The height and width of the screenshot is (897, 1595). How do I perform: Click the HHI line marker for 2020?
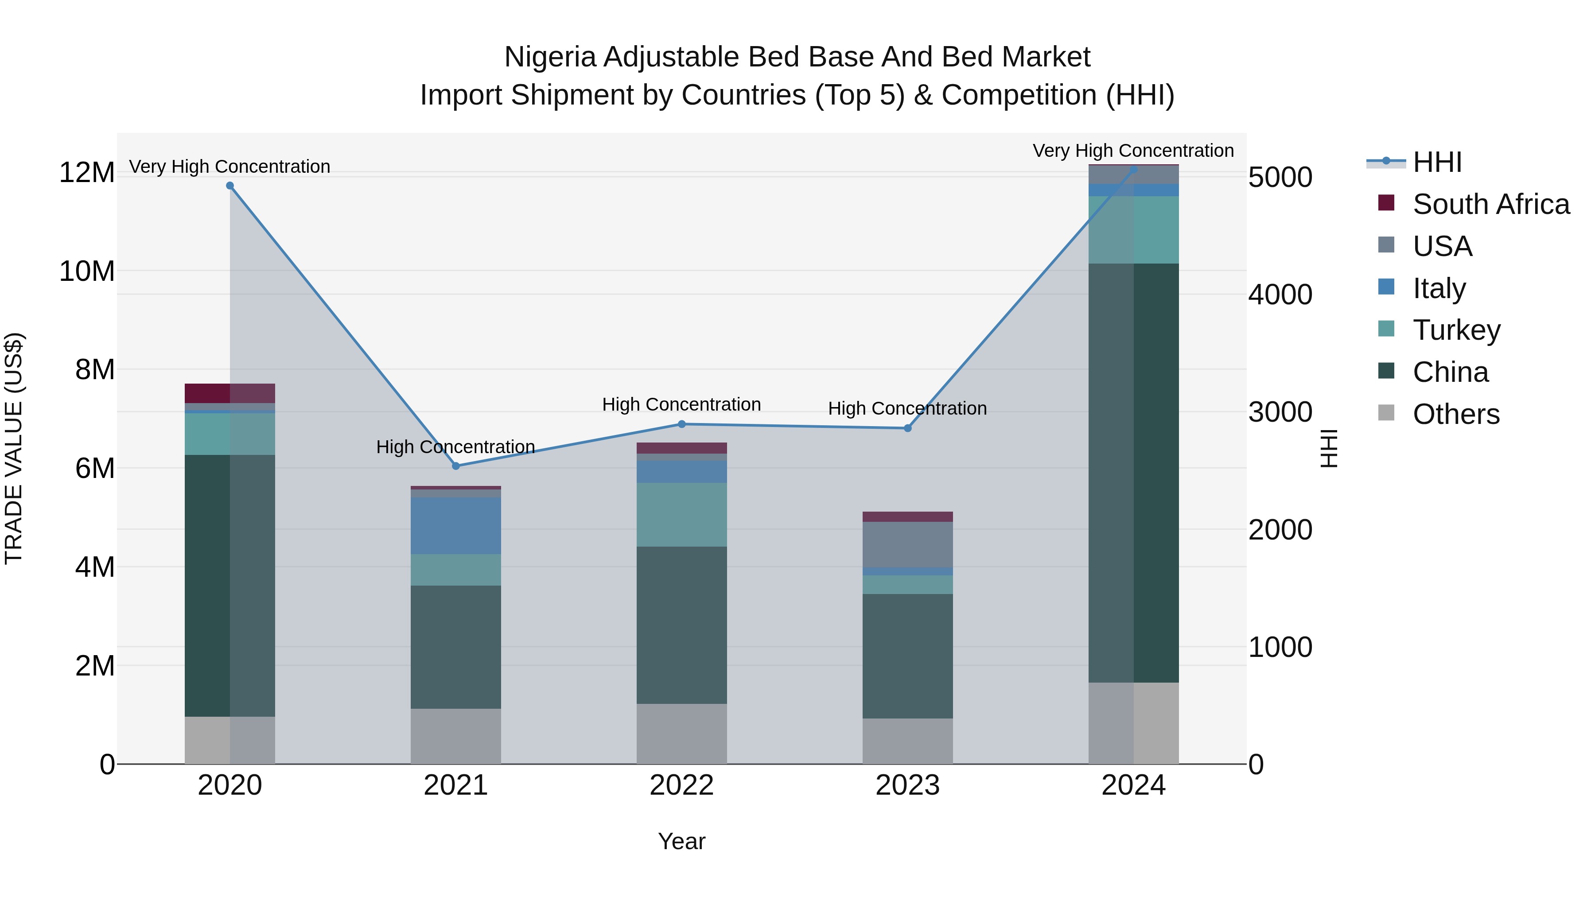pos(230,186)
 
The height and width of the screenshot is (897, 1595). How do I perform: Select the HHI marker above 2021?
pos(456,466)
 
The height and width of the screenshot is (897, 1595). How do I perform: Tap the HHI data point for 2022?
pos(682,424)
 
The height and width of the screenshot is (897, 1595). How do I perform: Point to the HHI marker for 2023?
pos(908,428)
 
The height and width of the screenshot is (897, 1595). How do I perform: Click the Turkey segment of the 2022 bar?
pos(682,514)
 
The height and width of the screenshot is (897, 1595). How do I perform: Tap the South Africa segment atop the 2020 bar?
pos(230,393)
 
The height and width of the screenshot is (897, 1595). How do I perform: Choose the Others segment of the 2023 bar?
pos(908,741)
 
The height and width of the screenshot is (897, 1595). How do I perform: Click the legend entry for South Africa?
pos(1491,204)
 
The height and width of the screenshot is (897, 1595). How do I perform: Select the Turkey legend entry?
pos(1456,330)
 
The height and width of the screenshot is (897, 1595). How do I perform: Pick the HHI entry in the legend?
pos(1436,162)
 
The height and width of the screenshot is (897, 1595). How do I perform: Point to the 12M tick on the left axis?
pos(87,172)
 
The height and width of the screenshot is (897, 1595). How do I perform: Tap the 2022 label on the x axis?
pos(682,785)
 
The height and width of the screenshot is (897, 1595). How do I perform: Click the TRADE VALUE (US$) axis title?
pos(14,448)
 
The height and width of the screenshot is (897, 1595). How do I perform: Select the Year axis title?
pos(682,841)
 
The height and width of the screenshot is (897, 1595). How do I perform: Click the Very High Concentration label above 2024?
pos(1133,151)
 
